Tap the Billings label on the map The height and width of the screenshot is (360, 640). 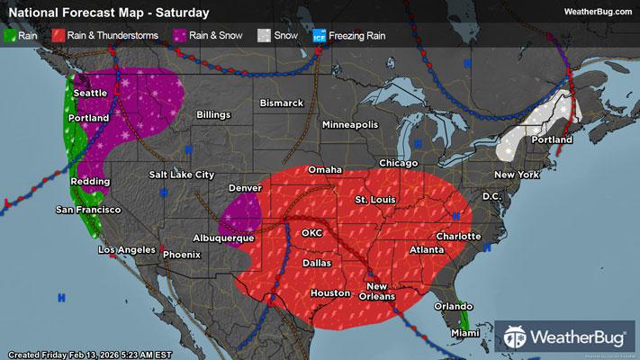click(207, 115)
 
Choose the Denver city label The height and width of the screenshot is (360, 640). click(245, 188)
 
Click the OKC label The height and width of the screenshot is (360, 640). click(311, 232)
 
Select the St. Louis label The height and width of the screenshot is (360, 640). click(372, 198)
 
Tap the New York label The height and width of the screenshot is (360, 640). click(516, 174)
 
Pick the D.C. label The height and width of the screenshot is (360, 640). click(491, 195)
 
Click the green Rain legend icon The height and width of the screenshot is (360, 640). click(11, 36)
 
